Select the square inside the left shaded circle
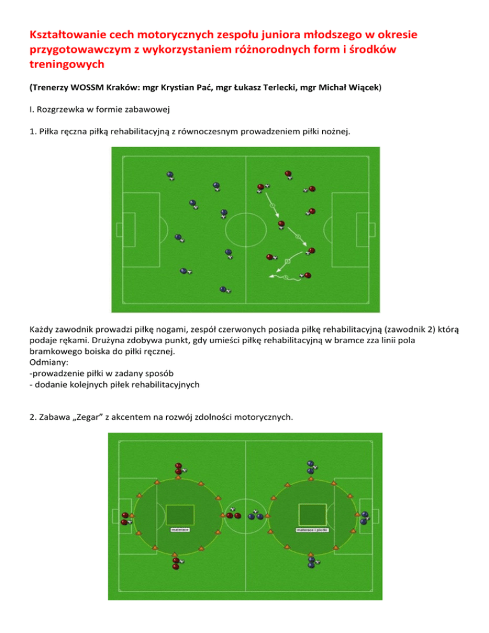point(180,515)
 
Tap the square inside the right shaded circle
point(313,515)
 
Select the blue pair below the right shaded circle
point(312,562)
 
